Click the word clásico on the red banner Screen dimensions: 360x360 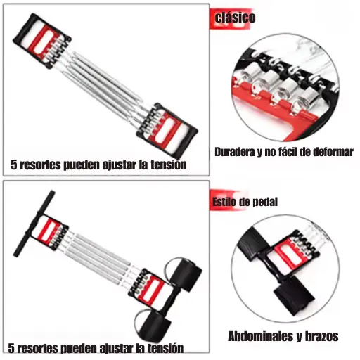coord(235,18)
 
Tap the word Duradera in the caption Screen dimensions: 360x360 coord(235,152)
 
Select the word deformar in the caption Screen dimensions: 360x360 coord(333,152)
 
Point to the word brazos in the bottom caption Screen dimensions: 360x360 coord(321,336)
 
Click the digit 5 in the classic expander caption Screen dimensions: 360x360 coord(14,165)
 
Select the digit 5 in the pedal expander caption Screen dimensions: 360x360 coord(11,348)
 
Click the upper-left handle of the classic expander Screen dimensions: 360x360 coord(41,41)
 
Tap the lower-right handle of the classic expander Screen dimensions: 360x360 coord(167,131)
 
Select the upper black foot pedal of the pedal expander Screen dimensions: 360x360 coord(186,274)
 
